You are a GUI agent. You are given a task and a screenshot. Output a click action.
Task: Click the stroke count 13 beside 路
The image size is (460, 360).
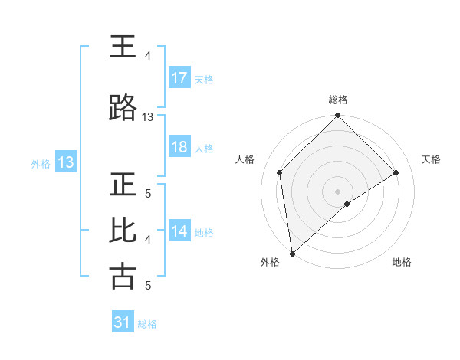(x=148, y=117)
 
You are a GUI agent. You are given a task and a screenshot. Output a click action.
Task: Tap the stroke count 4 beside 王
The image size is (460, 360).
(x=148, y=56)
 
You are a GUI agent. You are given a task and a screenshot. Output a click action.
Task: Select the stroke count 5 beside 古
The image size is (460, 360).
(x=148, y=286)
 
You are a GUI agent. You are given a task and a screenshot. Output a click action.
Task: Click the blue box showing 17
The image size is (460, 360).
(x=179, y=78)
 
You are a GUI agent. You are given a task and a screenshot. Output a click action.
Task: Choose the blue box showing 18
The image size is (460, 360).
(x=179, y=147)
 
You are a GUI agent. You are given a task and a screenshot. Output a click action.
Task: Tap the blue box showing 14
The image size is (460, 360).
(x=179, y=231)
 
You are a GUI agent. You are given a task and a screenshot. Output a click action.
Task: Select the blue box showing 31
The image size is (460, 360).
(x=123, y=322)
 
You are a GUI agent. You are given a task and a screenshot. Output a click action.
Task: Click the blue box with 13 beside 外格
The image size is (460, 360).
(x=65, y=162)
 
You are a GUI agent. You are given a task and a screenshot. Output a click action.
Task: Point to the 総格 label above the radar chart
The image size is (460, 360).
(x=337, y=100)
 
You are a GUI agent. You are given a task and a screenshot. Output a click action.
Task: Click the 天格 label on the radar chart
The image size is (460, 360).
(x=431, y=159)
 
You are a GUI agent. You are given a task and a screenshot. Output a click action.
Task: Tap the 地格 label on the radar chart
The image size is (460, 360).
(x=402, y=263)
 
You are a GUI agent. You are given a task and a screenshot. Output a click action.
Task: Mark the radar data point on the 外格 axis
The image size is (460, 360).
(x=291, y=254)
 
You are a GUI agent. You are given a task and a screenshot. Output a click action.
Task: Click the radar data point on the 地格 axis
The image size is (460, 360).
(x=347, y=204)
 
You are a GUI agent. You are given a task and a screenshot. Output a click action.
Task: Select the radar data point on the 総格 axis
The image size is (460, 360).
(x=337, y=116)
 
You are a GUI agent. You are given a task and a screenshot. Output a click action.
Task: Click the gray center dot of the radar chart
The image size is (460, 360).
(x=337, y=191)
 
